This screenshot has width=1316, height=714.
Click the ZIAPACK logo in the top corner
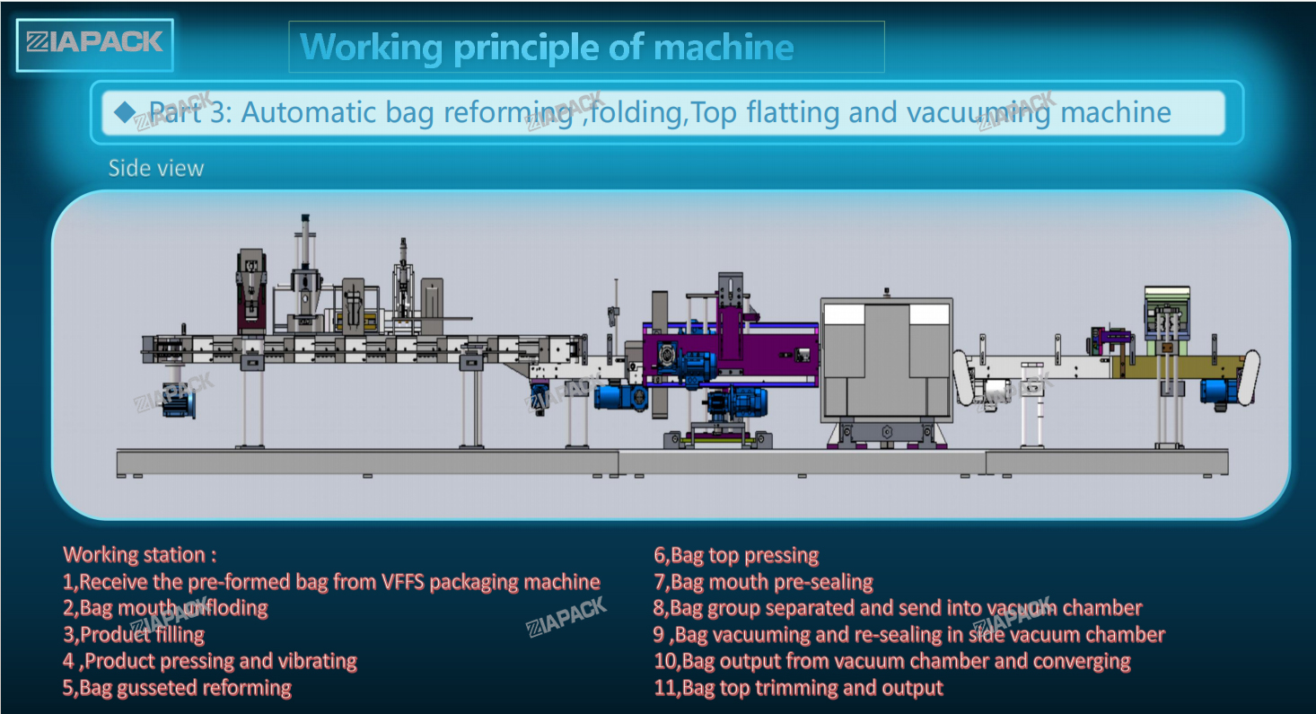click(x=94, y=42)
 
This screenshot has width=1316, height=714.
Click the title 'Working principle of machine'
click(x=547, y=47)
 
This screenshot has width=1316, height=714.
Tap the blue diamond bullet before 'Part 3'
click(x=125, y=111)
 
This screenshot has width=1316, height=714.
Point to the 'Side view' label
click(x=156, y=168)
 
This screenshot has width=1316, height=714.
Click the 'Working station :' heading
click(x=140, y=554)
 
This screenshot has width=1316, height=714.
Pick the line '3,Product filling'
click(x=134, y=635)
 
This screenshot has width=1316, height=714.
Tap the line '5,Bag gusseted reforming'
click(x=177, y=688)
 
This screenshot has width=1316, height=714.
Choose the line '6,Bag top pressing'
click(x=736, y=555)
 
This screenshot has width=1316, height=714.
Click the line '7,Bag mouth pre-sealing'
click(x=763, y=582)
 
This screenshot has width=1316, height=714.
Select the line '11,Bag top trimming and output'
click(x=798, y=688)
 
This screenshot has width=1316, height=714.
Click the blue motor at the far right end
click(x=1219, y=390)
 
